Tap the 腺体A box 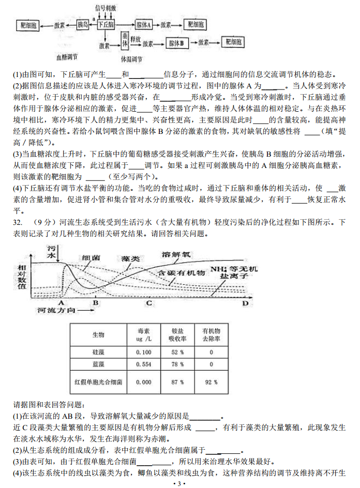click(x=143, y=24)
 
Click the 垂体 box click(x=125, y=40)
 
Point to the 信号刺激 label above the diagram click(x=106, y=8)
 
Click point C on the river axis click(x=148, y=303)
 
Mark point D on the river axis click(x=245, y=303)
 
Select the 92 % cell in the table click(x=211, y=383)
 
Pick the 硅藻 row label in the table click(x=98, y=352)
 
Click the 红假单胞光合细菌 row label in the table click(x=98, y=383)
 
